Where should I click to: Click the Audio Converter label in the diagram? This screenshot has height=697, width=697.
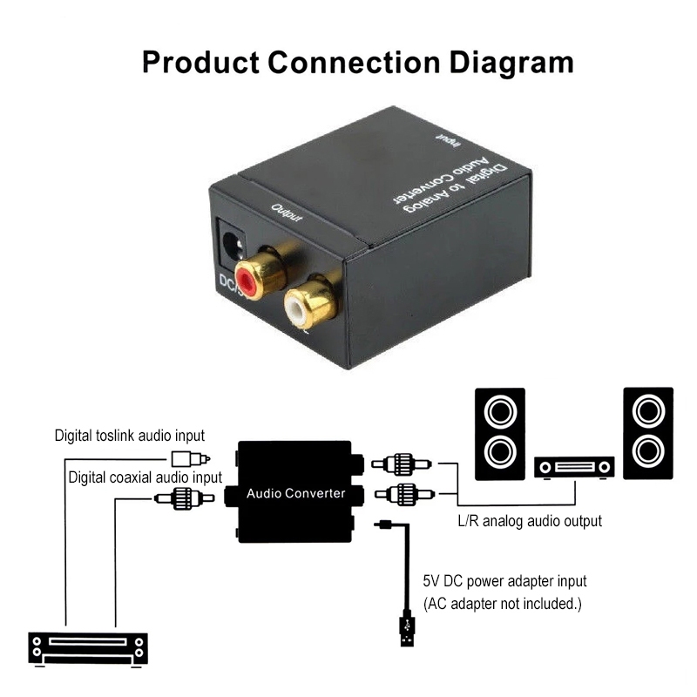click(296, 494)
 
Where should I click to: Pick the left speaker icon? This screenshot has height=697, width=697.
click(499, 432)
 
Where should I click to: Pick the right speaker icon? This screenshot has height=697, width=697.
click(648, 432)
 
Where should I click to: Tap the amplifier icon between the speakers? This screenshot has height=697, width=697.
click(574, 467)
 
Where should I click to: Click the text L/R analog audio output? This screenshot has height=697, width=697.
click(530, 521)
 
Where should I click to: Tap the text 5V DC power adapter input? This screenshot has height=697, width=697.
click(504, 580)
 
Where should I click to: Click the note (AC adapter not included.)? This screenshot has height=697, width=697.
click(503, 603)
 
